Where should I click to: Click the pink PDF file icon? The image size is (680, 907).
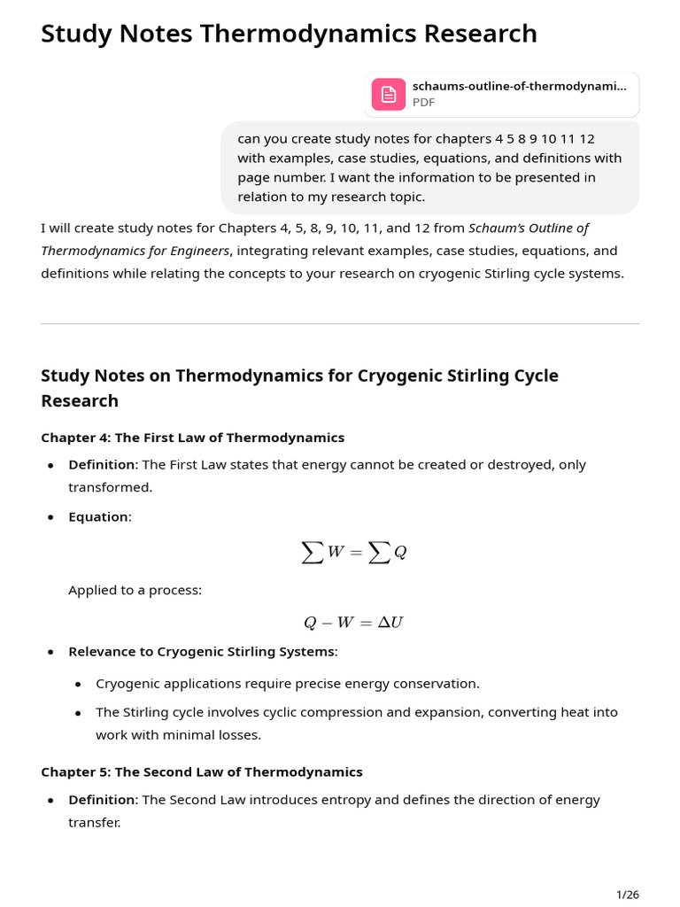click(x=388, y=94)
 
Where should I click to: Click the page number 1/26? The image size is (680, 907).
click(x=627, y=894)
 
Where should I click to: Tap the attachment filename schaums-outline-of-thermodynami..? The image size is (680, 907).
click(x=519, y=86)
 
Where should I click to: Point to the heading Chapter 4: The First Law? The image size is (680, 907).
click(x=192, y=438)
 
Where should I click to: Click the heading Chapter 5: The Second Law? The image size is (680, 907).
click(x=201, y=771)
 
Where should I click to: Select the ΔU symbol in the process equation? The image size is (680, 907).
click(x=390, y=623)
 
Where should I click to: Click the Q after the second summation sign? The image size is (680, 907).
click(x=400, y=553)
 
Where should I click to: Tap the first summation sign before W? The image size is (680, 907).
click(x=312, y=553)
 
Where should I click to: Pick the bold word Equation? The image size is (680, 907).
click(x=98, y=516)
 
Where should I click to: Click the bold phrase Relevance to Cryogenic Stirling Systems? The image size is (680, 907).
click(x=202, y=651)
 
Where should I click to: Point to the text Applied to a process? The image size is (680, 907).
click(x=135, y=590)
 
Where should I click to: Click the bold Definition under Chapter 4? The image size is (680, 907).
click(x=102, y=464)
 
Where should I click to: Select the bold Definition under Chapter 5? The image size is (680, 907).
click(x=102, y=800)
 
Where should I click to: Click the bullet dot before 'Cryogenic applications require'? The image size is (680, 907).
click(x=78, y=684)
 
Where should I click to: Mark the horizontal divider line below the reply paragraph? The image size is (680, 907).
click(x=340, y=323)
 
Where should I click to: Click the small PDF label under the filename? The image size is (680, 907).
click(x=423, y=102)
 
